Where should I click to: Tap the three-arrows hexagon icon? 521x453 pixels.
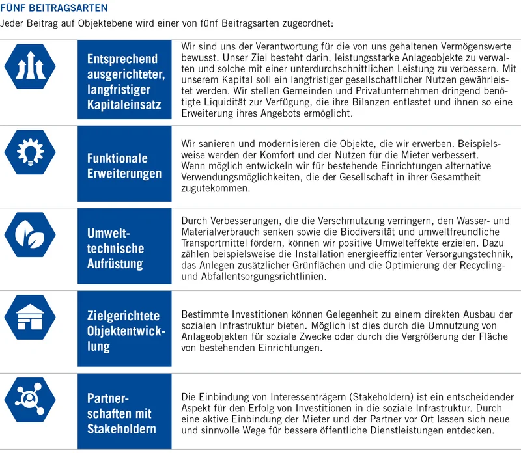[31, 66]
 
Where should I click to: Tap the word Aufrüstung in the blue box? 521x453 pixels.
[115, 264]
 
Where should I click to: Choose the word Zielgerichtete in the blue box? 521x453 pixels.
[123, 316]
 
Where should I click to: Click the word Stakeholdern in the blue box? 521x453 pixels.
[121, 429]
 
